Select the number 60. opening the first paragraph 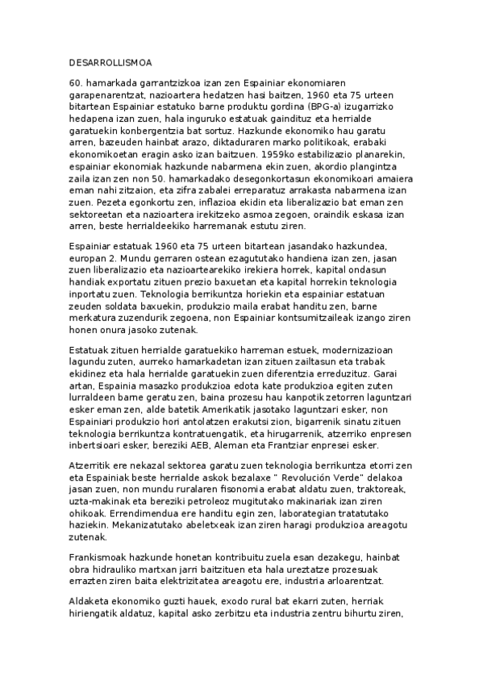[77, 83]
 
